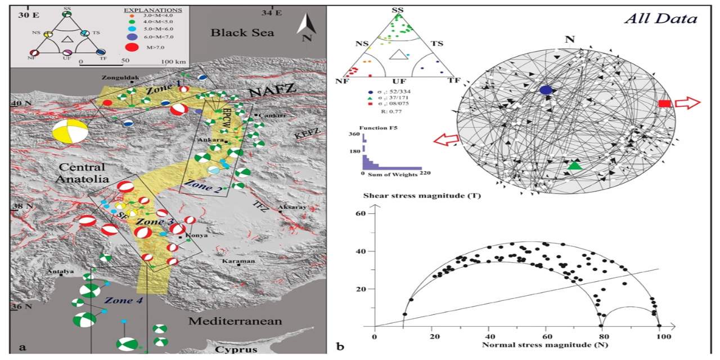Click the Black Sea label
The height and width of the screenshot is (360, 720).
coord(242,33)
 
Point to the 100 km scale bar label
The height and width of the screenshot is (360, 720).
coord(174,60)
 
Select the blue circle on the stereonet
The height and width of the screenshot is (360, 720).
coord(545,89)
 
